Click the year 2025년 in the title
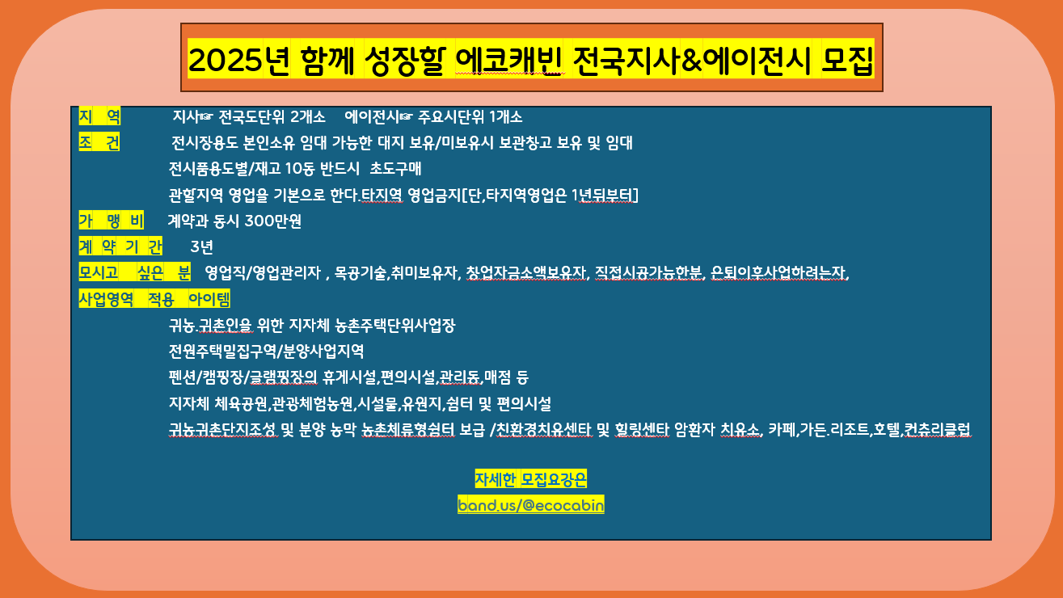[x=238, y=61]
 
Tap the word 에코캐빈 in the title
[x=509, y=61]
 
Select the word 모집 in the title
[x=847, y=61]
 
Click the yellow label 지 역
[x=99, y=116]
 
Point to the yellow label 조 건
[x=99, y=142]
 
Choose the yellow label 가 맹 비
[x=111, y=221]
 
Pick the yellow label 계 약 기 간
[x=120, y=246]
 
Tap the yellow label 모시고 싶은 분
[x=135, y=272]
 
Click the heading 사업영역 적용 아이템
[x=154, y=299]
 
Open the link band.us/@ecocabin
[x=531, y=505]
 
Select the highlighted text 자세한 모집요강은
[x=530, y=479]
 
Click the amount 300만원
[x=273, y=221]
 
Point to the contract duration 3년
[x=201, y=247]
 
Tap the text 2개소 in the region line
[x=307, y=116]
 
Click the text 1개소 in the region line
[x=505, y=116]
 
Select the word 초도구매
[x=395, y=169]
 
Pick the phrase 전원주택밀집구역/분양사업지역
[x=266, y=352]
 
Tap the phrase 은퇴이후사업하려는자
[x=778, y=273]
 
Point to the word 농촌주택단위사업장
[x=394, y=326]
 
